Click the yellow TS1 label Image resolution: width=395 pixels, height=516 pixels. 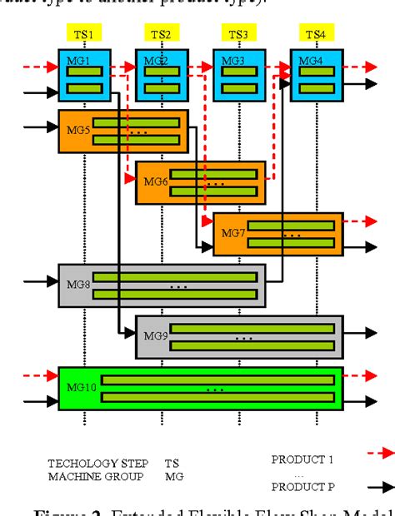tap(84, 34)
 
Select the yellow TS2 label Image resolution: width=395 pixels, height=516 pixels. tap(162, 34)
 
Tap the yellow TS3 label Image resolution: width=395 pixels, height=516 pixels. tap(238, 34)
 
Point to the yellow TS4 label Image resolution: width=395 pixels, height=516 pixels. tap(315, 34)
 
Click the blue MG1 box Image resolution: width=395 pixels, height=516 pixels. tap(84, 75)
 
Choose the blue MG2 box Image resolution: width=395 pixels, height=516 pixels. tap(162, 75)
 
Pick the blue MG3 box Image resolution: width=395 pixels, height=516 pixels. tap(239, 75)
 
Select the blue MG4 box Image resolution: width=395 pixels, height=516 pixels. tap(316, 75)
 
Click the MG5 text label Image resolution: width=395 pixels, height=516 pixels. tap(76, 130)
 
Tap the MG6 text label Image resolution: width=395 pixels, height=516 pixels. tap(155, 181)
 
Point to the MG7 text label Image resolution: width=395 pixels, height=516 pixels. tap(232, 234)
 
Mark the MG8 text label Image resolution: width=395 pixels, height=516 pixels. tap(76, 285)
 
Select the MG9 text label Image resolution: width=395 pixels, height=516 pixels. tap(155, 336)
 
